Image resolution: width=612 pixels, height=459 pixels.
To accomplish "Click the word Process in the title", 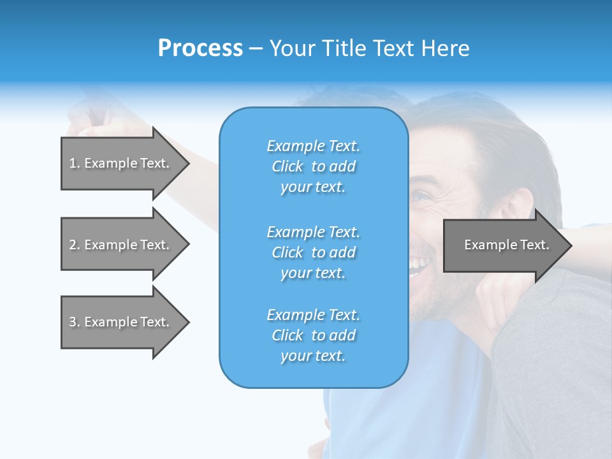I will tap(200, 48).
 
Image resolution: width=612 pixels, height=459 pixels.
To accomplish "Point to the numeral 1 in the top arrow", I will tap(73, 163).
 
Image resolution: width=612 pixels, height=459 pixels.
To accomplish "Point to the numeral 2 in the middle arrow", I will tap(73, 245).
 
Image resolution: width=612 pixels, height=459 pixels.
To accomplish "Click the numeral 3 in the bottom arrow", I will tap(73, 322).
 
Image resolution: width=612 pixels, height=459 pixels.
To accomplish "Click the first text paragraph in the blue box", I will tap(313, 166).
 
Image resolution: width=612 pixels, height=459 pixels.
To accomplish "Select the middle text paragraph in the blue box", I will tap(313, 252).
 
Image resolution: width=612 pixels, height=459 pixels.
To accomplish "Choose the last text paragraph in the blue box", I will tap(313, 335).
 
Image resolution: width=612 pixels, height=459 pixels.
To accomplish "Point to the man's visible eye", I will tap(421, 196).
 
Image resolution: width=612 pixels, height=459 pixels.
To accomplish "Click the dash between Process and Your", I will tap(256, 49).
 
